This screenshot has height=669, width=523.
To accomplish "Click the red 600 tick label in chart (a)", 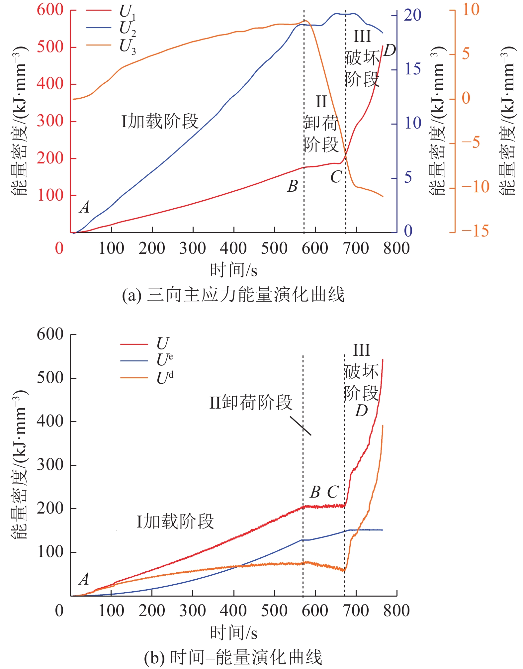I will (x=50, y=10).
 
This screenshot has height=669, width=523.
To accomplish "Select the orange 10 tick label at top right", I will (x=471, y=10).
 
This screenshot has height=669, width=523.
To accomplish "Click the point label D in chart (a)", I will (x=390, y=51).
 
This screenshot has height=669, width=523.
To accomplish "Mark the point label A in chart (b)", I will (x=84, y=580).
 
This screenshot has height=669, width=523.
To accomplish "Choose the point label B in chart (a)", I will (x=293, y=186).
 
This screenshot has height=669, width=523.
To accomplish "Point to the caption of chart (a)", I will (x=233, y=295).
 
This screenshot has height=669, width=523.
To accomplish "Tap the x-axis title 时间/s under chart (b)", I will (x=234, y=633).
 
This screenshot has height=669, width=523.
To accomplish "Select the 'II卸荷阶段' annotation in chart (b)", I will (x=251, y=403).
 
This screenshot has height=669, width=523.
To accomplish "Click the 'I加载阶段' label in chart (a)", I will (x=160, y=121).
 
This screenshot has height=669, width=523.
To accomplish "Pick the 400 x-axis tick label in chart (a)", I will (x=233, y=248).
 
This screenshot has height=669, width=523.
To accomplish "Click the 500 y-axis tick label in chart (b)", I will (x=50, y=378).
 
